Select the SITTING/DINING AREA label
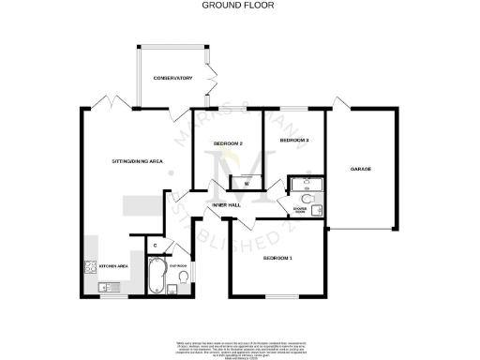(138, 162)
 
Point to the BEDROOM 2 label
(229, 143)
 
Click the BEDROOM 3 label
(295, 141)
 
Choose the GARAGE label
(362, 169)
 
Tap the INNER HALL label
(228, 203)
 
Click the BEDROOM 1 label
(277, 257)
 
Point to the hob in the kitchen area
(91, 266)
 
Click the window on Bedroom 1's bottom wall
(277, 297)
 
